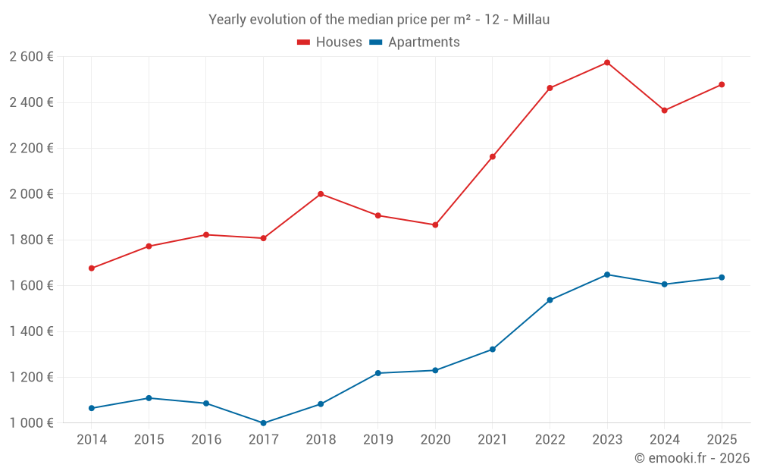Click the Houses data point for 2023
click(607, 62)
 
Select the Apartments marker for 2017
click(263, 423)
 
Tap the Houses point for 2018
click(321, 194)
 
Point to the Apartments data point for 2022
click(550, 300)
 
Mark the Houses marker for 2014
click(92, 268)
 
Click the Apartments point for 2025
click(722, 278)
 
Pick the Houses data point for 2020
click(435, 225)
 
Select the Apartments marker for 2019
click(377, 373)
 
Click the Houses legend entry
click(330, 42)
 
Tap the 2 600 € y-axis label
click(31, 56)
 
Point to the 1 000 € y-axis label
click(31, 423)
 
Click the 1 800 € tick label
click(31, 240)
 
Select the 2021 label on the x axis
click(493, 440)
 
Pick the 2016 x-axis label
click(206, 440)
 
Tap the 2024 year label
click(664, 440)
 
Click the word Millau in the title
click(531, 20)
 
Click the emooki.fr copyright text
click(692, 458)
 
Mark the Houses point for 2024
click(664, 111)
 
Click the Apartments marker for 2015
click(149, 398)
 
